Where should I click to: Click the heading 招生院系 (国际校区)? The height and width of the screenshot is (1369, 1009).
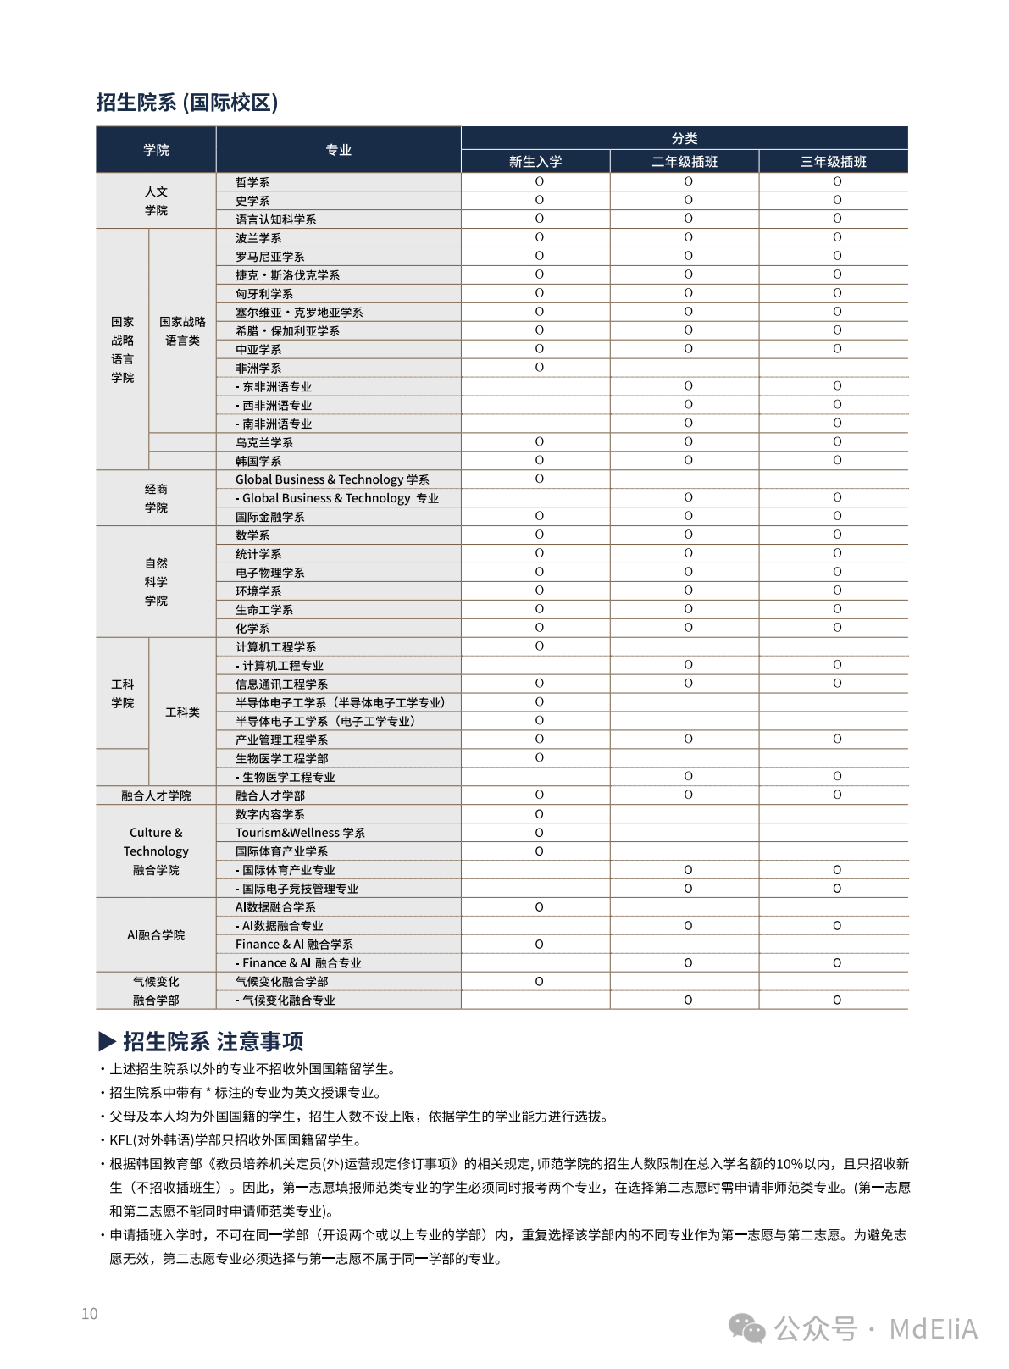tap(187, 103)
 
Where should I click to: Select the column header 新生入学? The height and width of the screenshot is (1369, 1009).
tap(535, 161)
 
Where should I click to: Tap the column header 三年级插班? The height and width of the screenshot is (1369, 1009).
tap(834, 161)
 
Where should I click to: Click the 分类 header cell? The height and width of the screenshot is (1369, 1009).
tap(685, 138)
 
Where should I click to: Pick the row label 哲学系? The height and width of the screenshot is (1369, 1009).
tap(252, 182)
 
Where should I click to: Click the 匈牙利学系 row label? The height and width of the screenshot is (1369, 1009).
tap(264, 294)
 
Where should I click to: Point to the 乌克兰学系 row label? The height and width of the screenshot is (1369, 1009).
tap(264, 442)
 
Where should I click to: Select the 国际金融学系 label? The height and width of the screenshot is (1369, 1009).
tap(270, 517)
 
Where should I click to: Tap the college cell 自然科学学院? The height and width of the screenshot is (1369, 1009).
tap(156, 582)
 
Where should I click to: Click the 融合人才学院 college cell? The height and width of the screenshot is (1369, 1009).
tap(156, 795)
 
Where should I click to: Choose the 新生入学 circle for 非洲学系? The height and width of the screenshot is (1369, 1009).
tap(539, 368)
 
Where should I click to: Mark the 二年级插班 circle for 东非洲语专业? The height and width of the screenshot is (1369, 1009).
tap(688, 386)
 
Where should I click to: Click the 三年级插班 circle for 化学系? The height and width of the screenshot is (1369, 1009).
tap(837, 628)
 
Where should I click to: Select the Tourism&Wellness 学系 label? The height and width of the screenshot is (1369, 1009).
tap(300, 833)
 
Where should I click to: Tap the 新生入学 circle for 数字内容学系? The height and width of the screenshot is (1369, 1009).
tap(539, 814)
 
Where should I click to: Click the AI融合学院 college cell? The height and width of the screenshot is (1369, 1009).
tap(156, 935)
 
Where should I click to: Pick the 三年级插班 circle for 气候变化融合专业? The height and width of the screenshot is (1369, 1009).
tap(837, 1000)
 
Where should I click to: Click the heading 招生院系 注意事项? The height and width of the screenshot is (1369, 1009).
tap(202, 1041)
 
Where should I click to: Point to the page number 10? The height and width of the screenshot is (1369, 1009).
tap(90, 1314)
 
